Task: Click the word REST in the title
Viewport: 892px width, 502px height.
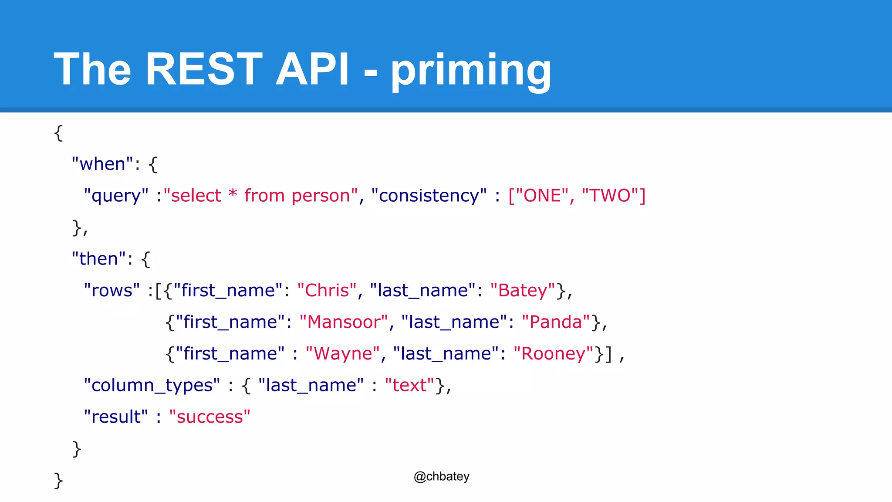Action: click(x=203, y=69)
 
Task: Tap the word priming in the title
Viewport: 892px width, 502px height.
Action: click(x=471, y=70)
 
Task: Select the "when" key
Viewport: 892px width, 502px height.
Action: click(x=102, y=164)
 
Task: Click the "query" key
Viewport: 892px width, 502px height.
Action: click(x=116, y=196)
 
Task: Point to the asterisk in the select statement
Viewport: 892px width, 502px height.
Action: click(x=233, y=194)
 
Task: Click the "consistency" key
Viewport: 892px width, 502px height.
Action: click(x=429, y=196)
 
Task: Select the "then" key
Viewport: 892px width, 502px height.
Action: click(x=98, y=259)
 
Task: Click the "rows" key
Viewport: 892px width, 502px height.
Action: click(x=112, y=291)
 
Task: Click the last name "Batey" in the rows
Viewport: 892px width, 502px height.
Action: click(x=523, y=291)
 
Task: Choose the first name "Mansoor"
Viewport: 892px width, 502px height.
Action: click(x=344, y=322)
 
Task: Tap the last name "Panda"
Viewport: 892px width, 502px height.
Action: click(x=556, y=322)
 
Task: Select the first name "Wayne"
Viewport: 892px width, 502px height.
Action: click(x=343, y=354)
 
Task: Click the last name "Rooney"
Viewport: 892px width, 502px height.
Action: click(x=553, y=354)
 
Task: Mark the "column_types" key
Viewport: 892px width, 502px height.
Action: click(x=152, y=386)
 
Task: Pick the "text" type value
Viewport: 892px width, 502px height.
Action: click(x=409, y=386)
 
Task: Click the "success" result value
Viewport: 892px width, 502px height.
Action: click(x=209, y=417)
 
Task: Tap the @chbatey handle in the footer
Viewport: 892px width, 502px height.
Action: click(x=441, y=476)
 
